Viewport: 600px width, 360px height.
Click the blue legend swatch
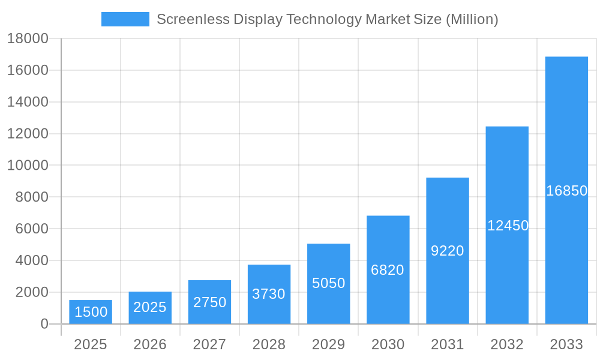click(125, 19)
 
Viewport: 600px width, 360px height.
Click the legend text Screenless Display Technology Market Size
click(327, 19)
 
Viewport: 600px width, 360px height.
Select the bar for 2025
click(90, 312)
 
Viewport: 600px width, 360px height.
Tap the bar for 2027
click(209, 302)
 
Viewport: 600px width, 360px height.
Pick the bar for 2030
click(388, 269)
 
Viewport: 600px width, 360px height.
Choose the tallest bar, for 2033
click(566, 190)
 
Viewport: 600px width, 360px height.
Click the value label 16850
click(566, 191)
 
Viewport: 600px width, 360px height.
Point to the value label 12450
click(508, 226)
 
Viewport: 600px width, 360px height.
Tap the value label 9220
click(448, 251)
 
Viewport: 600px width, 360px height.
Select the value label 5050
click(328, 283)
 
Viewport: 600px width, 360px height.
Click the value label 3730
click(269, 294)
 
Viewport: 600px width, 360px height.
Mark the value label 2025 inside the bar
click(150, 307)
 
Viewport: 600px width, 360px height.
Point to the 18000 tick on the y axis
click(28, 38)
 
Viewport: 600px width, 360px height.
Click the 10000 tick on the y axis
click(28, 165)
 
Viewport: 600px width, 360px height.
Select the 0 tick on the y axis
click(44, 324)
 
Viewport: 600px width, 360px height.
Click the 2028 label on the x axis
click(269, 344)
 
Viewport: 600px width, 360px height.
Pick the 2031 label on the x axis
click(448, 344)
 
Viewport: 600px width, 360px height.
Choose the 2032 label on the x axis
click(507, 344)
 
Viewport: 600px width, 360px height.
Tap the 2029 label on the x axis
click(328, 344)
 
